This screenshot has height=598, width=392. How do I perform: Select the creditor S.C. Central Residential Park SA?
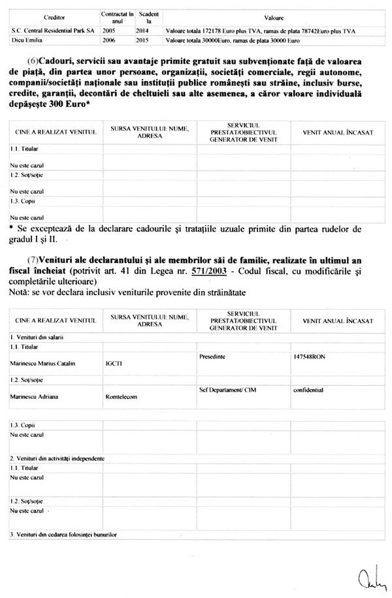tap(50, 31)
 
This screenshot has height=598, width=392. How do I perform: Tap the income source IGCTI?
tap(112, 365)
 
